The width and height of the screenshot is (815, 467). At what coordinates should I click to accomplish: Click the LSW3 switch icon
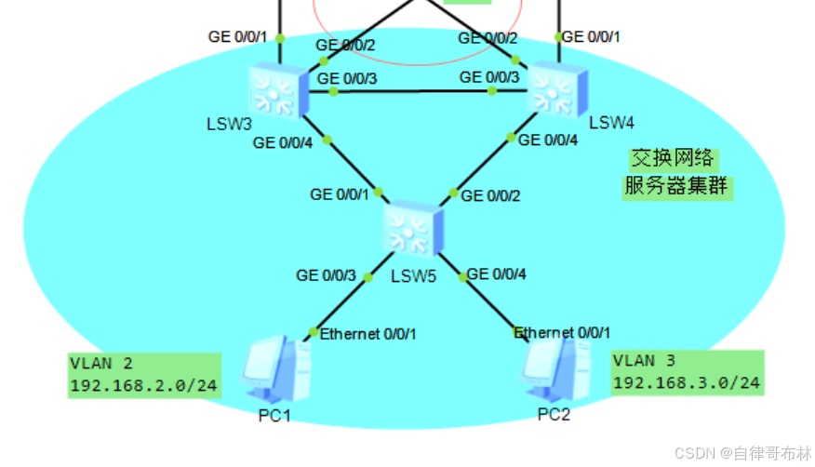[x=276, y=91]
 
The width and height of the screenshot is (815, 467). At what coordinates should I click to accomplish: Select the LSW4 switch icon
[x=555, y=90]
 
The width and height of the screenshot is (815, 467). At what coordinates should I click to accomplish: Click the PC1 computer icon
[x=274, y=371]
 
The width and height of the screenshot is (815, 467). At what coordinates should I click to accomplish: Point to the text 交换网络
[x=672, y=158]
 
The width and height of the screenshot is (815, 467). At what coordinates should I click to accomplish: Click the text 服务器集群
[x=677, y=187]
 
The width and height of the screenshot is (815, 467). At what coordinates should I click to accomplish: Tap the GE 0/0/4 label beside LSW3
[x=283, y=142]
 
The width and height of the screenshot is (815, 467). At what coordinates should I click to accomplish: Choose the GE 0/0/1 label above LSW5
[x=339, y=194]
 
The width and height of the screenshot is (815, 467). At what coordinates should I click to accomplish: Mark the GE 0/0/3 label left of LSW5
[x=326, y=275]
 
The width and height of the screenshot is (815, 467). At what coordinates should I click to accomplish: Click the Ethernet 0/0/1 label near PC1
[x=368, y=333]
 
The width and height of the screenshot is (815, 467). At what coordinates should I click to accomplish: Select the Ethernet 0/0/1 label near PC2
[x=562, y=332]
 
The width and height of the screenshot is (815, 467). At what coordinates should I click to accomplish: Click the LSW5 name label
[x=414, y=276]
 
